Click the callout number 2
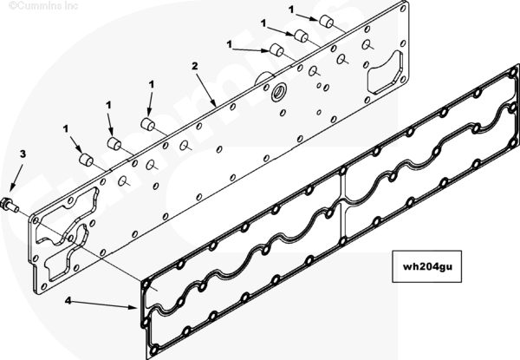pos(196,66)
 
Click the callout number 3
pos(23,154)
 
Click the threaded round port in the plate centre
pos(282,90)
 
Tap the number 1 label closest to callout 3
pos(66,129)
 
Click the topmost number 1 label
pos(292,10)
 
